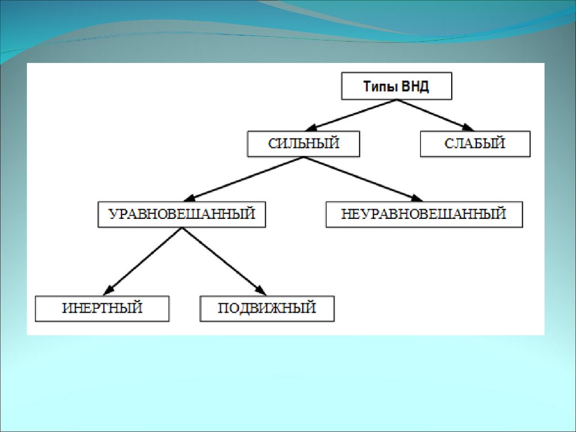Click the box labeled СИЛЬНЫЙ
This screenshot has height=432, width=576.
pyautogui.click(x=304, y=143)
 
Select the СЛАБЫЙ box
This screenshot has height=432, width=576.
pyautogui.click(x=475, y=143)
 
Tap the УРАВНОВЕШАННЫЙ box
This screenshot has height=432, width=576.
pyautogui.click(x=182, y=214)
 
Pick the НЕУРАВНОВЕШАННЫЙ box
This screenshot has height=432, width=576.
pyautogui.click(x=424, y=214)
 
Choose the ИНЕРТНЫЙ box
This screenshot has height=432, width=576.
pyautogui.click(x=102, y=308)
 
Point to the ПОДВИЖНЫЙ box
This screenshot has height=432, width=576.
pyautogui.click(x=267, y=308)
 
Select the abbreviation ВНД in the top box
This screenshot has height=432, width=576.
pyautogui.click(x=417, y=87)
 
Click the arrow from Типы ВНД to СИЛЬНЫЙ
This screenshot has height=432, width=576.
pyautogui.click(x=354, y=115)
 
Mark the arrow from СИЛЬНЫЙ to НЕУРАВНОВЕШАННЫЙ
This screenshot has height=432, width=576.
pyautogui.click(x=363, y=178)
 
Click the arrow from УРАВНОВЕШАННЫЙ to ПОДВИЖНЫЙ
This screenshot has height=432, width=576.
pyautogui.click(x=222, y=260)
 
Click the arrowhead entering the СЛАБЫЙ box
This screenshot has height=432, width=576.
pyautogui.click(x=468, y=128)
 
